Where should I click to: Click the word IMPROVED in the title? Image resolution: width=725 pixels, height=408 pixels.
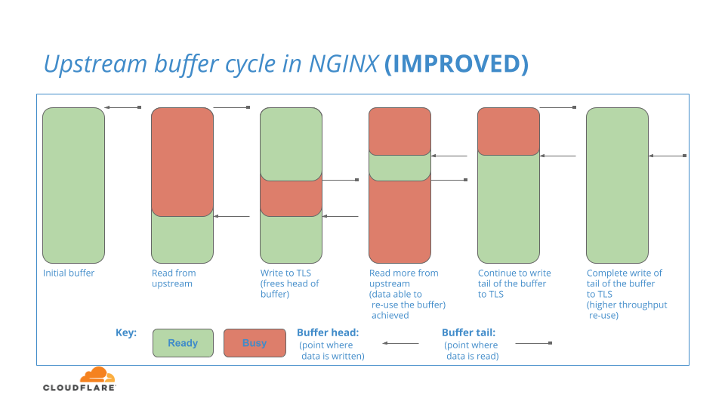tap(456, 63)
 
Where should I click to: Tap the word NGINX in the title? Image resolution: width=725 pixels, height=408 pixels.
tap(344, 63)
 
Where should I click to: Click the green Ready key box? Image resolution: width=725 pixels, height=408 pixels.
tap(183, 343)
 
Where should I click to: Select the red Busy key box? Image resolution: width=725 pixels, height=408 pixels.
tap(255, 343)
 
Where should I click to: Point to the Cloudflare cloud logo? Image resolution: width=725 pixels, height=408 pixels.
tap(97, 374)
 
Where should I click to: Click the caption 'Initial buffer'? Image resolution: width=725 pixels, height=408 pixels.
tap(69, 273)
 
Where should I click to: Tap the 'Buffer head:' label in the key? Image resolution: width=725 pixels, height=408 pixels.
tap(328, 332)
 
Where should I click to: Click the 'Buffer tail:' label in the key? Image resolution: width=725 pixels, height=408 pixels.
tap(468, 332)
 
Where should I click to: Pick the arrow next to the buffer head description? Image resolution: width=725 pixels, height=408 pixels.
tap(400, 343)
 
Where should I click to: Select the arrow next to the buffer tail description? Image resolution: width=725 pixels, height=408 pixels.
tap(534, 343)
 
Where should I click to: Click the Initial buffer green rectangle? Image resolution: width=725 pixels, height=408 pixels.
tap(73, 186)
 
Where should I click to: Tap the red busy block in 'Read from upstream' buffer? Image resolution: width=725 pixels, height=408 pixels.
tap(182, 162)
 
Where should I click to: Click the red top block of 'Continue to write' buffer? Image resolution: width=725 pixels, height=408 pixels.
tap(508, 131)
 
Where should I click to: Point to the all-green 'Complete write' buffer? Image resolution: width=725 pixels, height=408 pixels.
tap(617, 186)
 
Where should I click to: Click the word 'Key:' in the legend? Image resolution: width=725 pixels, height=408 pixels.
tap(126, 332)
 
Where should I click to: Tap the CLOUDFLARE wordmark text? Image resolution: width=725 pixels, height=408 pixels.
tap(79, 387)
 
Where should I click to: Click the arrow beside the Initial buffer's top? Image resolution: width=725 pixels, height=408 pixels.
tap(123, 107)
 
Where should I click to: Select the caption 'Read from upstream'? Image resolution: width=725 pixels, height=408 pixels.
tap(174, 278)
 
